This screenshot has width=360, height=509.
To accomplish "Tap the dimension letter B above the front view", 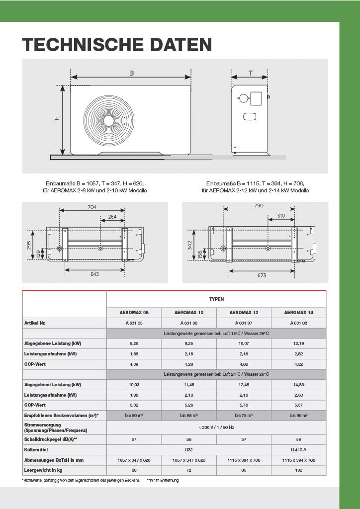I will click(132, 73).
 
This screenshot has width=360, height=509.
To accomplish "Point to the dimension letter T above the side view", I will click(251, 73).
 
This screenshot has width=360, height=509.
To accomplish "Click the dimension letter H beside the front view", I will click(57, 118).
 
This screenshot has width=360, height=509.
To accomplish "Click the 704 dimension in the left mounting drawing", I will click(91, 207).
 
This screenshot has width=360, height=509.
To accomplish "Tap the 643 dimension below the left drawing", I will click(94, 274).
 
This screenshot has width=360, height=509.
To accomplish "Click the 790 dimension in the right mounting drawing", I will click(259, 206).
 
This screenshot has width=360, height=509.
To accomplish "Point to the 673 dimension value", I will click(262, 275).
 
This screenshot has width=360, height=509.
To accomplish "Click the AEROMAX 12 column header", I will click(244, 313).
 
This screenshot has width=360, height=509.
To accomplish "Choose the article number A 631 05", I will click(134, 323).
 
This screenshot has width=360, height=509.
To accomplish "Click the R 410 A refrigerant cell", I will click(298, 450).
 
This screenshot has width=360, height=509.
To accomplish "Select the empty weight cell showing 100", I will click(298, 470).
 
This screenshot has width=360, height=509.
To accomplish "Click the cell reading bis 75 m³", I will click(244, 415).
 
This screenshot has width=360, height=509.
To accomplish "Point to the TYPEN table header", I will click(216, 299).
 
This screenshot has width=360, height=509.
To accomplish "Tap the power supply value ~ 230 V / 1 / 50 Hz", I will click(216, 427).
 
